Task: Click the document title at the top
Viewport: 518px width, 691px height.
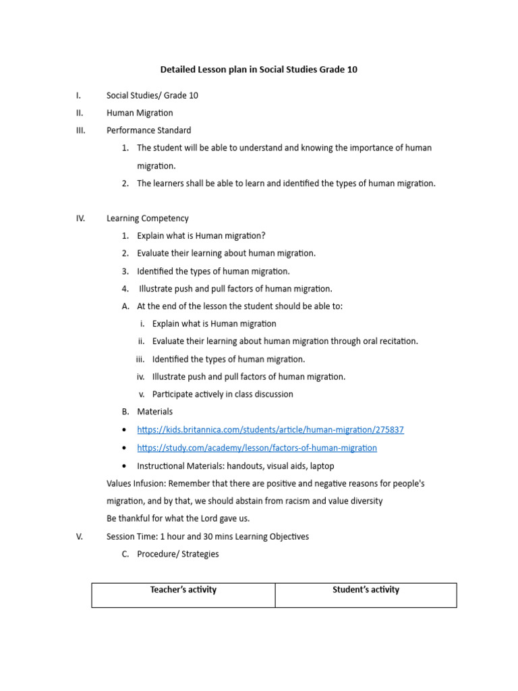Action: point(258,70)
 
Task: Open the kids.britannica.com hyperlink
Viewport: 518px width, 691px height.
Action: point(270,430)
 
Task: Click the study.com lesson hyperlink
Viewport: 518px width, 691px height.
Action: point(256,448)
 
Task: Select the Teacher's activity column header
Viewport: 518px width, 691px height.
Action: point(183,590)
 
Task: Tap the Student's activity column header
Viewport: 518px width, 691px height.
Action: point(366,590)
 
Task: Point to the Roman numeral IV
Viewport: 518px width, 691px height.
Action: point(80,219)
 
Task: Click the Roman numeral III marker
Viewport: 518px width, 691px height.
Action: point(81,130)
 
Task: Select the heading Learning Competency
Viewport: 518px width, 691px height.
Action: point(147,219)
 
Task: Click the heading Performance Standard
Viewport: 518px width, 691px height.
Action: point(148,130)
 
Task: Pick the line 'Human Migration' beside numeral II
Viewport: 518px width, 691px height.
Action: point(140,113)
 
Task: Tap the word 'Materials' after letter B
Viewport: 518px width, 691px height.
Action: point(154,412)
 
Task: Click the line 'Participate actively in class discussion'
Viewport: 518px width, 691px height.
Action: point(223,394)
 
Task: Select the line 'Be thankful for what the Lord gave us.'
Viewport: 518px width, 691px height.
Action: point(178,519)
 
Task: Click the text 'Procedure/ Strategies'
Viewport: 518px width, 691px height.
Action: point(177,555)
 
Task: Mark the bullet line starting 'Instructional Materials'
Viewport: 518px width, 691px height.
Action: point(235,466)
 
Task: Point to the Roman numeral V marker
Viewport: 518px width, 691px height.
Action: point(80,537)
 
